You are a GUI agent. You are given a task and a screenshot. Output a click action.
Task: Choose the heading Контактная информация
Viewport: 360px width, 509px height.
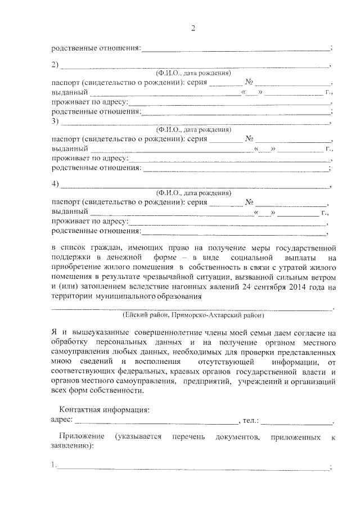(x=105, y=411)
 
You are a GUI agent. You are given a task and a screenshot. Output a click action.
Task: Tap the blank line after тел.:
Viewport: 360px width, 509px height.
(x=296, y=421)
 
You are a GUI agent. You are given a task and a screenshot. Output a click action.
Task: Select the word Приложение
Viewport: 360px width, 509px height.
(x=82, y=436)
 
